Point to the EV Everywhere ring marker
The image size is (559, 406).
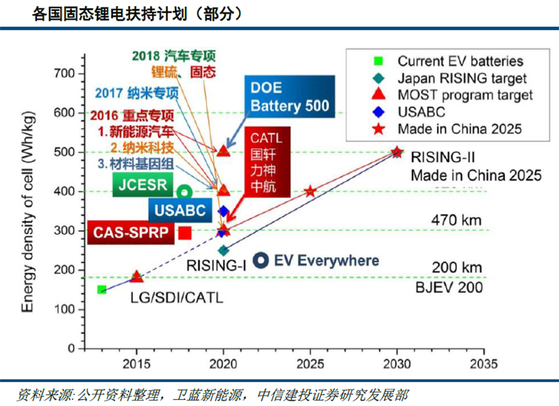pyautogui.click(x=261, y=260)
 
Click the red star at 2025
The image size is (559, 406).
pyautogui.click(x=310, y=191)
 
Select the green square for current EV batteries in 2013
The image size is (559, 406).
pyautogui.click(x=102, y=289)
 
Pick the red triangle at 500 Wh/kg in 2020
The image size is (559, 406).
pyautogui.click(x=224, y=151)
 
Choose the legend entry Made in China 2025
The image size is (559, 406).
pyautogui.click(x=459, y=129)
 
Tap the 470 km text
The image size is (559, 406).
pyautogui.click(x=458, y=221)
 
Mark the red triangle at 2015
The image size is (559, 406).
pyautogui.click(x=137, y=277)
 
